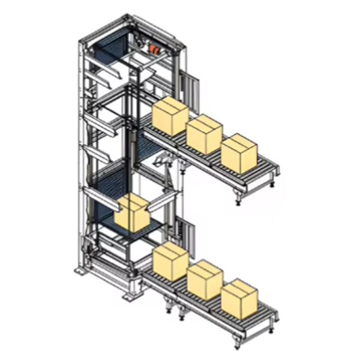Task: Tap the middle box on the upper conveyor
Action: click(x=205, y=134)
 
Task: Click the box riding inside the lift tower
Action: click(x=133, y=213)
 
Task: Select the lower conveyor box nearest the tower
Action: click(x=170, y=262)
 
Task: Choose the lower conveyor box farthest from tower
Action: click(x=239, y=298)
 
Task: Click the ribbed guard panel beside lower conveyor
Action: click(x=191, y=234)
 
